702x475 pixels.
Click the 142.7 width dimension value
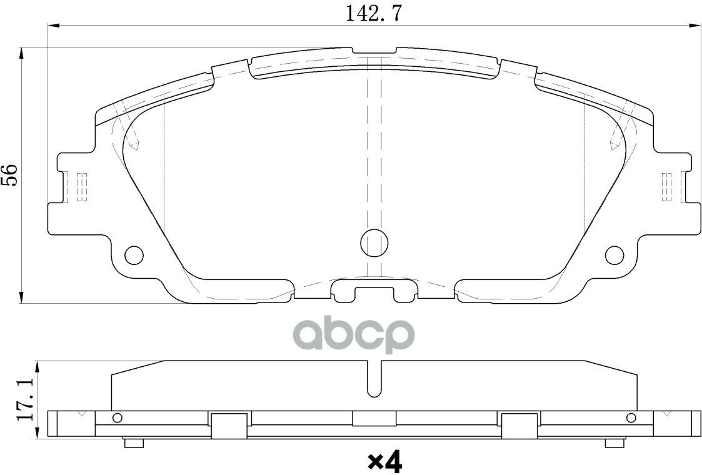pos(374,13)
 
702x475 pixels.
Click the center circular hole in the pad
pos(374,242)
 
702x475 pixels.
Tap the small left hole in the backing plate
pos(134,254)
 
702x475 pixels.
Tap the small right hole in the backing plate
pos(614,254)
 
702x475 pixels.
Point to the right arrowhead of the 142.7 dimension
pos(694,26)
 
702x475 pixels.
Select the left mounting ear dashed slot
pos(81,186)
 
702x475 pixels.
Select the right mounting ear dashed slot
pos(667,186)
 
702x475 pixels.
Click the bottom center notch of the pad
pos(374,291)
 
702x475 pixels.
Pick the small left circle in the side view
pos(116,418)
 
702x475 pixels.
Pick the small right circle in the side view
pos(631,418)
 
